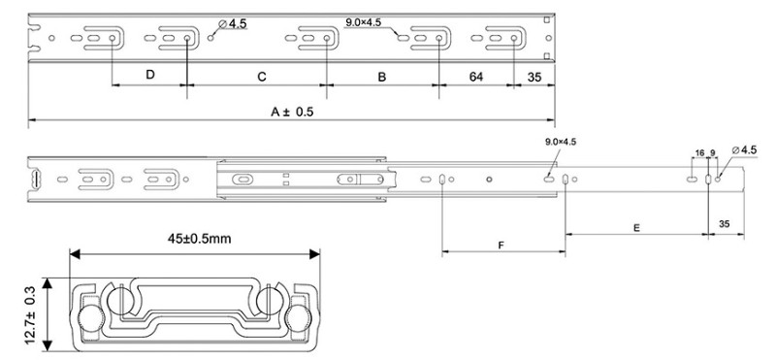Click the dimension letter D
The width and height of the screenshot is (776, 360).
(150, 75)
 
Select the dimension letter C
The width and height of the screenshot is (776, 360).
(262, 77)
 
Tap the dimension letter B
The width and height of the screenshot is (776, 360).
(381, 77)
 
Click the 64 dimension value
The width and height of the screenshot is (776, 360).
(475, 77)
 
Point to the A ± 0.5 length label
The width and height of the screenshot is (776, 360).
(292, 112)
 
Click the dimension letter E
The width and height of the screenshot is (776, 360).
(636, 228)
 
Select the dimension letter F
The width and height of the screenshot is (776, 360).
(501, 245)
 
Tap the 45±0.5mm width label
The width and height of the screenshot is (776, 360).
(199, 239)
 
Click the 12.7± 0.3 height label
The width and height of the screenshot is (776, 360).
(31, 314)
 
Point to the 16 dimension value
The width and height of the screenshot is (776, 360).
(699, 153)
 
